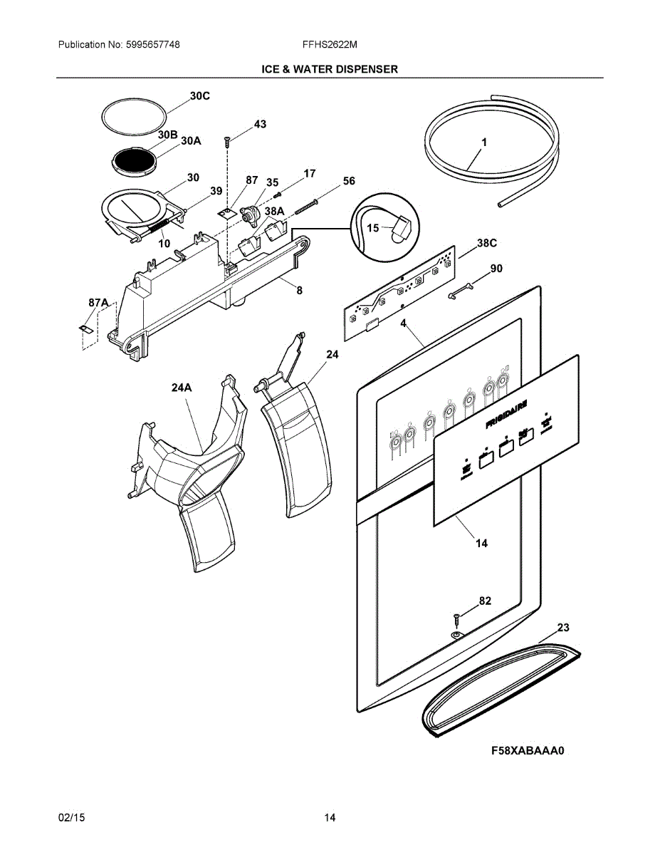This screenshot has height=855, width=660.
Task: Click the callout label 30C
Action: [199, 95]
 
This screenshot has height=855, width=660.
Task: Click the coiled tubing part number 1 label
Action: [484, 142]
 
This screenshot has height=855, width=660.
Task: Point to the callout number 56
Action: [348, 181]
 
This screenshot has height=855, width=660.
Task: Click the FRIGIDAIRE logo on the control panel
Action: [506, 414]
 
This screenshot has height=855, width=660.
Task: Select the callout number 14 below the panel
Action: [482, 543]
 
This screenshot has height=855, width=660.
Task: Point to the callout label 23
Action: [563, 628]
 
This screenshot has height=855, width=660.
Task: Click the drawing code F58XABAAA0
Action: [531, 751]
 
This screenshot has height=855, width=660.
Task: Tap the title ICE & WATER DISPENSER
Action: [330, 69]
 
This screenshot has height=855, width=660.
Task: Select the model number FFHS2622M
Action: [330, 44]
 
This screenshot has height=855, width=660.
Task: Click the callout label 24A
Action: [182, 388]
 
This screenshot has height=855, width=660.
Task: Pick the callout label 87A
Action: [98, 304]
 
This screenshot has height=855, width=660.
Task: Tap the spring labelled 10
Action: [158, 228]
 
